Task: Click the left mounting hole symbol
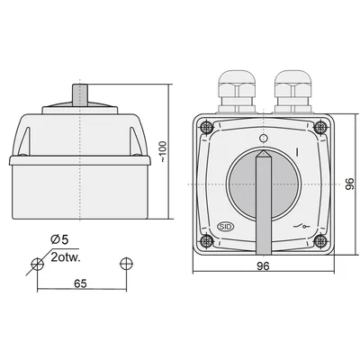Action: point(37,264)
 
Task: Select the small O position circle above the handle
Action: point(262,139)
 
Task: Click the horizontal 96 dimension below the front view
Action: point(262,267)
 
